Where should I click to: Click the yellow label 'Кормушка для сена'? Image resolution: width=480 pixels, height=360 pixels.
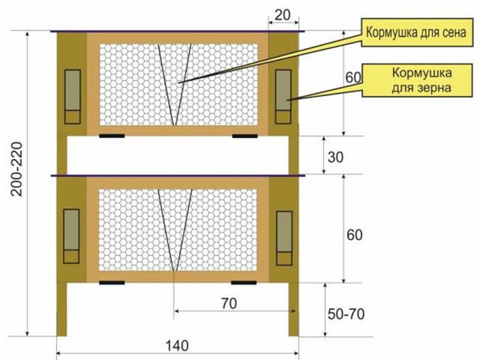tap(417, 32)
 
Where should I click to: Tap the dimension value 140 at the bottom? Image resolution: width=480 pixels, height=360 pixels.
tap(177, 346)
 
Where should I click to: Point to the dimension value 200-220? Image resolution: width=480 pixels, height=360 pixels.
tap(16, 169)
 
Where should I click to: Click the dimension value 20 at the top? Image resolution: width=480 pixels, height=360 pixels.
tap(282, 15)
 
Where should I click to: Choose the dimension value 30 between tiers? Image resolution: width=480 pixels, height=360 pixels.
tap(335, 157)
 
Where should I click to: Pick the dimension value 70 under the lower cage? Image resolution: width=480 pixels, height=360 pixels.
tap(229, 303)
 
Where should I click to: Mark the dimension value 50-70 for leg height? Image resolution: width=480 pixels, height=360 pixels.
tap(346, 314)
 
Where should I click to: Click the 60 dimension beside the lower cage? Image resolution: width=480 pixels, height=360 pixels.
tap(355, 235)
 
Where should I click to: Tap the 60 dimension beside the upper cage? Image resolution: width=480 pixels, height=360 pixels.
tap(353, 78)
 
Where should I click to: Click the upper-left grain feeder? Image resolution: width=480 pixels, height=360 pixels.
tap(73, 97)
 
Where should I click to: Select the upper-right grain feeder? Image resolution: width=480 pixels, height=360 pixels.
tap(283, 97)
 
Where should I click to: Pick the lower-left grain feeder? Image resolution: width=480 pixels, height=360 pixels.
tap(71, 236)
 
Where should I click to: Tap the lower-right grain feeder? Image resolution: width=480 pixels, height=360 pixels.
tap(284, 238)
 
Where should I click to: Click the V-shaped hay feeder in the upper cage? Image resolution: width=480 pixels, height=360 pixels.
tap(175, 85)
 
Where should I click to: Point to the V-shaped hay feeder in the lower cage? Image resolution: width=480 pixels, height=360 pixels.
tap(175, 230)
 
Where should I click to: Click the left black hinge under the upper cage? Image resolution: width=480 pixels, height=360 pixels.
tap(112, 136)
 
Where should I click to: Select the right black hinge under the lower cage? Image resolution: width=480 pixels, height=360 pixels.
tap(244, 283)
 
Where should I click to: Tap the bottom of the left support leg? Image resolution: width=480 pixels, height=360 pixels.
tap(61, 335)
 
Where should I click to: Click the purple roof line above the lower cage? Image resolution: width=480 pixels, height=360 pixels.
tap(178, 175)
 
